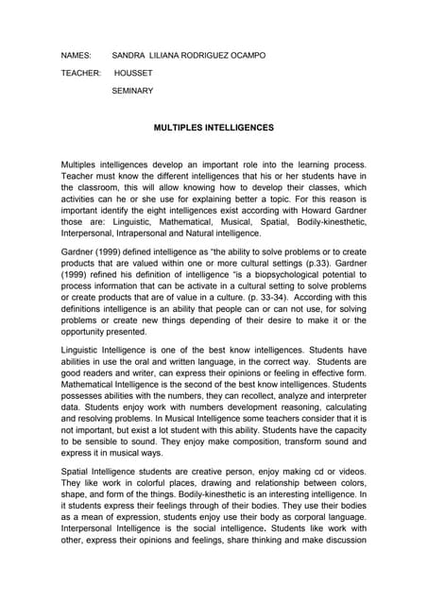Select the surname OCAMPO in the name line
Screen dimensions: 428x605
pos(244,56)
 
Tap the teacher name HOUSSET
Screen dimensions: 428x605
pos(133,73)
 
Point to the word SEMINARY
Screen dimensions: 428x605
pos(132,91)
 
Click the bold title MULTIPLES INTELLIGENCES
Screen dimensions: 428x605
pos(214,127)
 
